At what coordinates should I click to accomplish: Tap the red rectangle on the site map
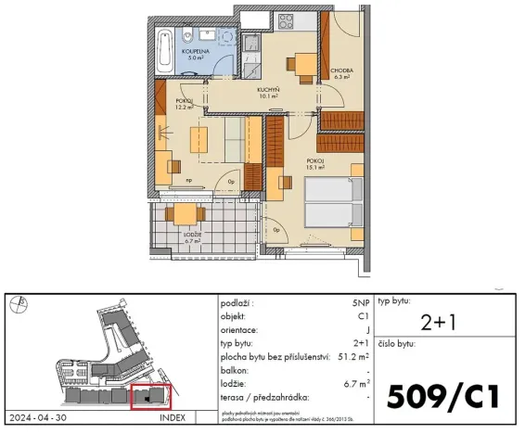(x=152, y=396)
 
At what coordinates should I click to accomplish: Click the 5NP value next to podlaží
(x=360, y=303)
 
